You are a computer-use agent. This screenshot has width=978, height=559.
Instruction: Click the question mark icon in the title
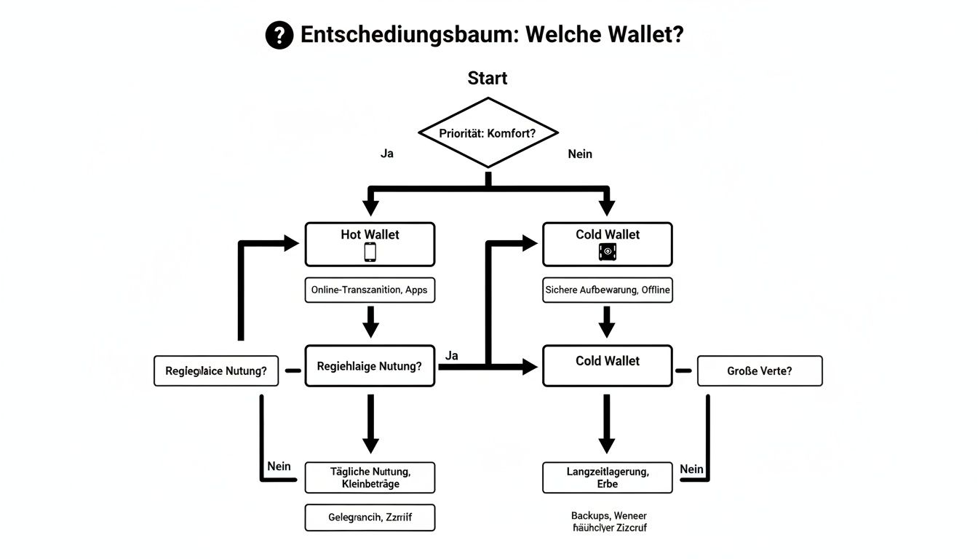coord(279,35)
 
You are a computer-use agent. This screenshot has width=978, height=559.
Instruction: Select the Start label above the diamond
coord(488,78)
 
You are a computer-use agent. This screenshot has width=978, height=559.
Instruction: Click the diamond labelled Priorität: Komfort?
coord(488,133)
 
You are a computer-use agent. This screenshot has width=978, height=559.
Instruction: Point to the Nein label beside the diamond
coord(579,154)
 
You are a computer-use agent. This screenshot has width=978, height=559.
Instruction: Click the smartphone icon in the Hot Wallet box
coord(370,252)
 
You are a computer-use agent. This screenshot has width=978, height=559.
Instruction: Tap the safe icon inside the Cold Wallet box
coord(608,252)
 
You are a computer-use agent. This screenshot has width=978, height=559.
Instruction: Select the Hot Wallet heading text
coord(370,234)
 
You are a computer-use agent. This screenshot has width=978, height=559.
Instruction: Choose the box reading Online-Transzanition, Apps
coord(370,290)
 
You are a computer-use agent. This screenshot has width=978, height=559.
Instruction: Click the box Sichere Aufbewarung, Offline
coord(608,290)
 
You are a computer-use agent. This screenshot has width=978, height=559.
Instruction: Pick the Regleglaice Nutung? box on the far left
coord(216,370)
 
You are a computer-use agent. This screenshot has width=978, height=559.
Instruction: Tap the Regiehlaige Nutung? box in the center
coord(370,366)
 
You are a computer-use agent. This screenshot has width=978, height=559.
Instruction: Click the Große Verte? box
coord(760,370)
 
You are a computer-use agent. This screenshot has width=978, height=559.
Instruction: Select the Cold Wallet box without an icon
coord(608,366)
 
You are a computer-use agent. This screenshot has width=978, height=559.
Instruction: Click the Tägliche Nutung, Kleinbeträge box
coord(370,477)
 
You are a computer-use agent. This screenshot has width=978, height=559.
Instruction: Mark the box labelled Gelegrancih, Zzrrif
coord(370,518)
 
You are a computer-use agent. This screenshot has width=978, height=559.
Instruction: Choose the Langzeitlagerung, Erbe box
coord(608,477)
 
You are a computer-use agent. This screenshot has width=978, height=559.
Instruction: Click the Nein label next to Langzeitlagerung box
coord(691,469)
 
